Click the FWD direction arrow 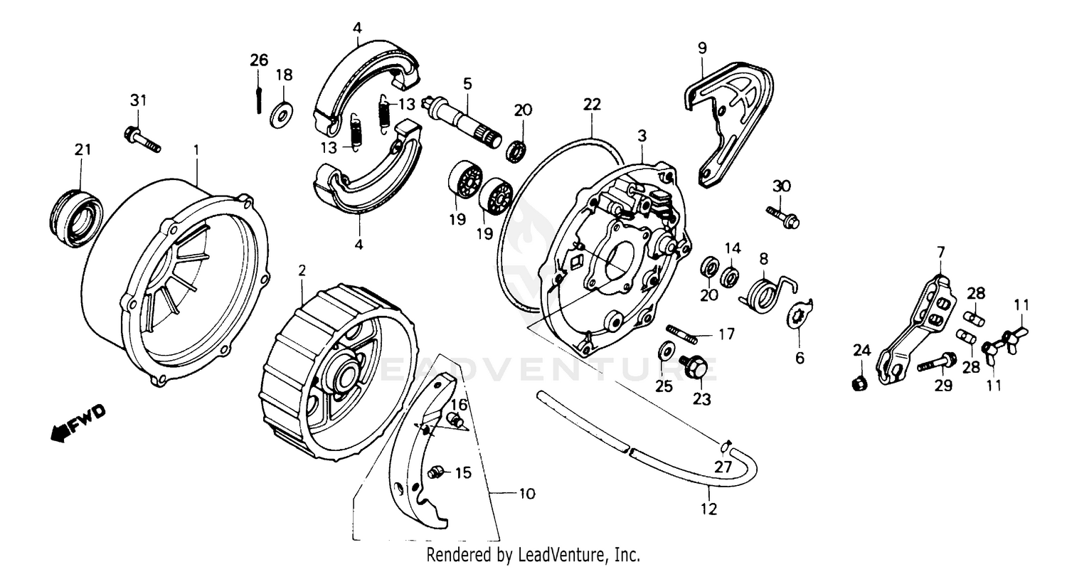coord(78,423)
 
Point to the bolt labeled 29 coord(939,364)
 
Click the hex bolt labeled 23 coord(693,365)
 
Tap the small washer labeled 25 coord(667,350)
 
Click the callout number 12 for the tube coord(709,509)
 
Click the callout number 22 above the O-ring coord(592,105)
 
